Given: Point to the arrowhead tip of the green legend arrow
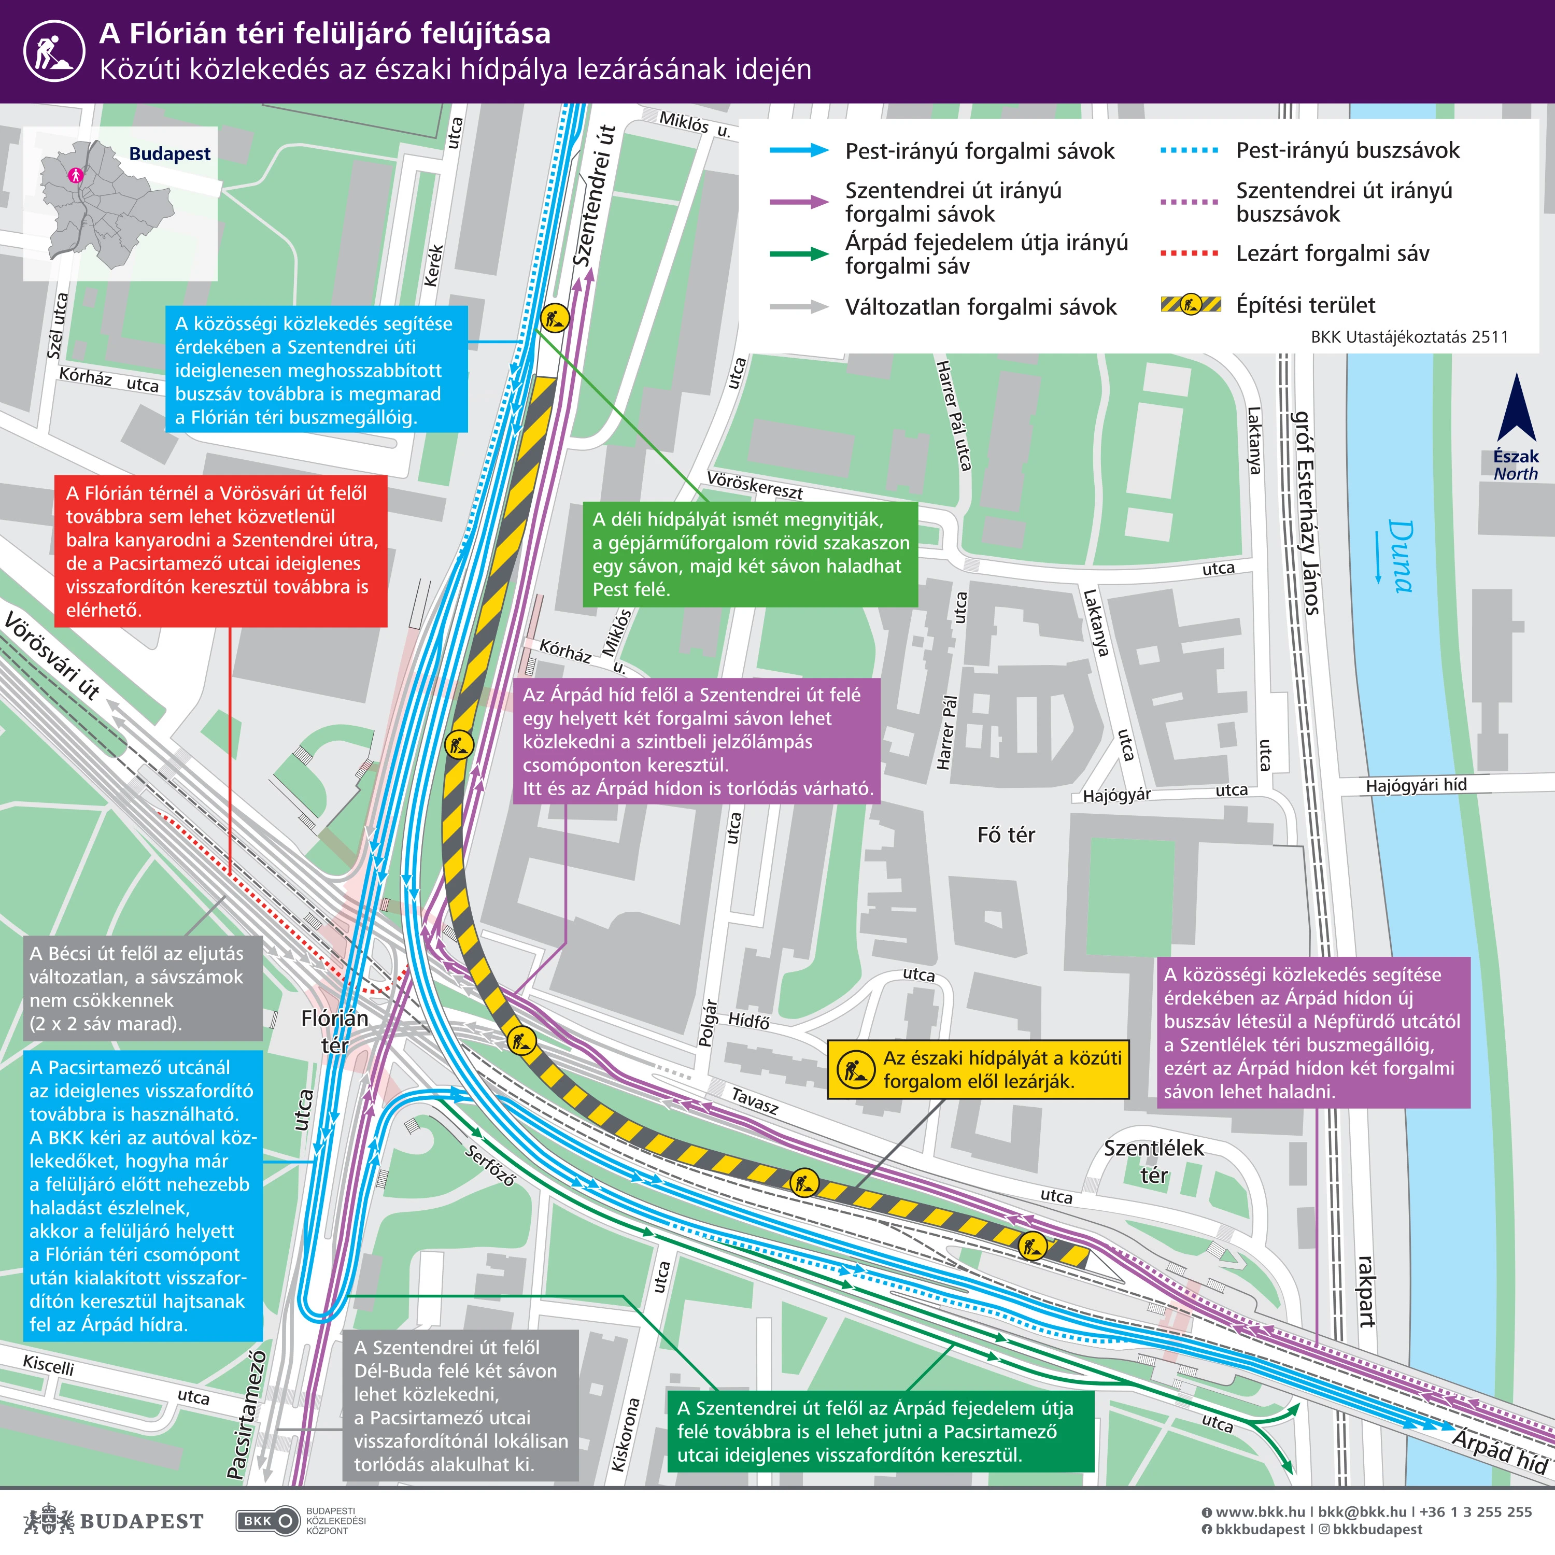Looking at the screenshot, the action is click(x=829, y=255).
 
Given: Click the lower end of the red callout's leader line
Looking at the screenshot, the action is click(x=230, y=875).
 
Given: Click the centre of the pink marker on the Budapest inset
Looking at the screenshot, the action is click(x=76, y=174).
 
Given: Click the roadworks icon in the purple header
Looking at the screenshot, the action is click(x=54, y=51).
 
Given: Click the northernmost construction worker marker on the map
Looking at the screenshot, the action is click(x=555, y=318).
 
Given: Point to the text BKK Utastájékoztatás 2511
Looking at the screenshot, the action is click(x=1409, y=337).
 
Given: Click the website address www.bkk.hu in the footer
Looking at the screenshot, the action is click(x=1260, y=1512).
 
